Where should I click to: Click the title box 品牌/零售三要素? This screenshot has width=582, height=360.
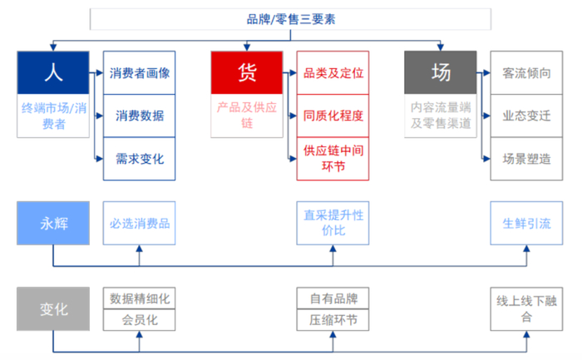click(x=291, y=17)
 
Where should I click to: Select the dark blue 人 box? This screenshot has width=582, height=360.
click(x=53, y=72)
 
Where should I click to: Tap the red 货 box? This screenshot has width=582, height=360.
click(x=246, y=72)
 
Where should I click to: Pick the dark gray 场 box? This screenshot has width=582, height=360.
click(x=441, y=72)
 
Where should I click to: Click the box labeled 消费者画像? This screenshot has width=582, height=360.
click(x=140, y=73)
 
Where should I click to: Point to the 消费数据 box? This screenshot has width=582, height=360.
click(x=140, y=116)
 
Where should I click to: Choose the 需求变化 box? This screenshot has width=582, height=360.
click(x=140, y=158)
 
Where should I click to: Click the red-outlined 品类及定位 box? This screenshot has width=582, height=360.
click(x=333, y=73)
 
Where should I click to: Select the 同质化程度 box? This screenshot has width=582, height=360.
click(x=333, y=116)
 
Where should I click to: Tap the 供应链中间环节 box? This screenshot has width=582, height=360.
click(x=333, y=158)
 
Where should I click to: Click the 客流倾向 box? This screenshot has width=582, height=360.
click(x=527, y=73)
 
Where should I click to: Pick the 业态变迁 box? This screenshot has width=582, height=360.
click(x=527, y=116)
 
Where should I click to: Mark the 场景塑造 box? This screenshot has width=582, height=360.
click(x=527, y=158)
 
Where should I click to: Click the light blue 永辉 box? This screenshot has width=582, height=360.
click(x=53, y=224)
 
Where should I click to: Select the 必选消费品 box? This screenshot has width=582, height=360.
click(x=140, y=224)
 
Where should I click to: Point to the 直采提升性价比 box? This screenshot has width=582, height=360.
click(x=333, y=224)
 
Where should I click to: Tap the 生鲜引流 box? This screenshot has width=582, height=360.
click(x=527, y=224)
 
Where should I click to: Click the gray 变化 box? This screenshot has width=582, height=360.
click(x=53, y=309)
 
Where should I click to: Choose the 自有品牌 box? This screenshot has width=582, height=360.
click(x=333, y=298)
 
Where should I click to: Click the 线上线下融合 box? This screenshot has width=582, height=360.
click(x=527, y=309)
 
